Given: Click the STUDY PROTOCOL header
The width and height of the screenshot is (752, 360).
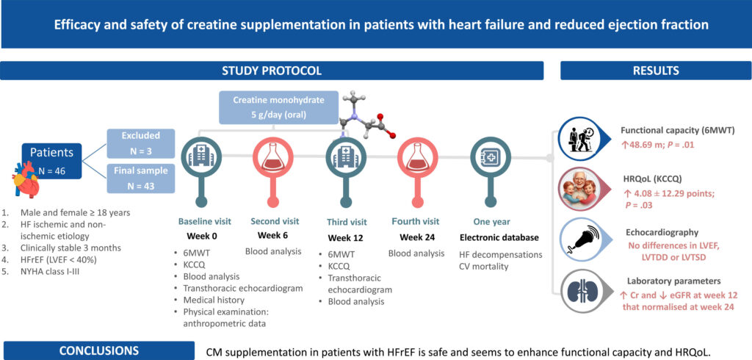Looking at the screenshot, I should click(271, 71).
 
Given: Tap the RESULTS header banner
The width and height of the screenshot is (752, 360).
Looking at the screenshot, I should click(655, 71).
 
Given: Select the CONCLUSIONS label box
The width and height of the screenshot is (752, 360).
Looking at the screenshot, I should click(98, 350).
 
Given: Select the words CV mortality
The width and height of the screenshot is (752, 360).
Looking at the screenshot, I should click(484, 266).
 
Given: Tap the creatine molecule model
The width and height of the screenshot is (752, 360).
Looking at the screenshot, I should click(364, 118).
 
